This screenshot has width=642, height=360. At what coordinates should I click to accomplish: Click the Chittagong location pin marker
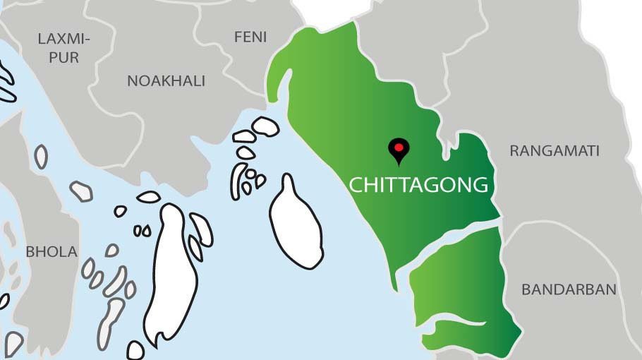[399, 150]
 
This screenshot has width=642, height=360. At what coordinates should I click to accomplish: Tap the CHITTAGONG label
[419, 185]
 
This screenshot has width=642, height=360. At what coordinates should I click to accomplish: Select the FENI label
[250, 37]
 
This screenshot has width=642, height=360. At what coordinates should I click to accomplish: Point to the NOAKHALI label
[166, 81]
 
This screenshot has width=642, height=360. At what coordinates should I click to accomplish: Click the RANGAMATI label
[555, 150]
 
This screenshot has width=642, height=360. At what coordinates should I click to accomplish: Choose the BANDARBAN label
[569, 289]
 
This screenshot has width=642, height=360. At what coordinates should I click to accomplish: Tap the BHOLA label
[52, 251]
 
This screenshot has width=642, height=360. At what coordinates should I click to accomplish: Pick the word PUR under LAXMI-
[65, 57]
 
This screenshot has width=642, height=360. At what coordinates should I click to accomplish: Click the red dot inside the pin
[399, 147]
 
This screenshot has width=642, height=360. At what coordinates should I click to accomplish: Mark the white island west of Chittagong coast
[295, 223]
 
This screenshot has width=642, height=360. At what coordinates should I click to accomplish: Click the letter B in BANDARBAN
[526, 289]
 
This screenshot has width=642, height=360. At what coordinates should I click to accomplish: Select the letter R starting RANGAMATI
[514, 150]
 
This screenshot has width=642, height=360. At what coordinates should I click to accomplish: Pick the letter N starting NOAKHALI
[132, 81]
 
